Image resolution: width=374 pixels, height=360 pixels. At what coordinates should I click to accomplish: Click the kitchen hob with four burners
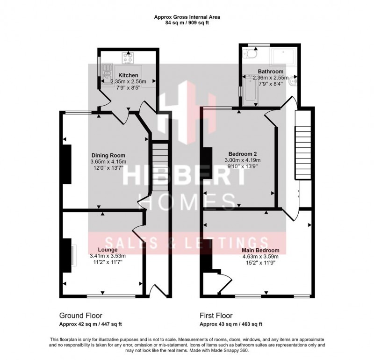(128, 58)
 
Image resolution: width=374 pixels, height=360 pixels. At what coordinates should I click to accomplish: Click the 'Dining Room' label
(108, 156)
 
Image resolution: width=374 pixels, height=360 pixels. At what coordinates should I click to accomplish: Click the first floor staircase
(302, 145)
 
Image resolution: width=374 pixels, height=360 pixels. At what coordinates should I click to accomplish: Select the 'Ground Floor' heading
(80, 316)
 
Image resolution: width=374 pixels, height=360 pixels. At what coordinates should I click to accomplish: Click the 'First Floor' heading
(216, 316)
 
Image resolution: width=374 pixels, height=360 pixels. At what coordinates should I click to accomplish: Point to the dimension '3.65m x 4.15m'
(108, 162)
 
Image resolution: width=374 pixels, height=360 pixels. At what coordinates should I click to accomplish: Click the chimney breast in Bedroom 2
(206, 163)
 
